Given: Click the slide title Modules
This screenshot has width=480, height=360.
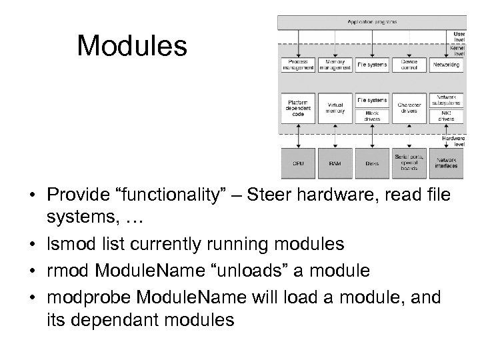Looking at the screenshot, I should [132, 47].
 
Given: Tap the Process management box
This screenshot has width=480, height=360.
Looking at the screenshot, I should [298, 65].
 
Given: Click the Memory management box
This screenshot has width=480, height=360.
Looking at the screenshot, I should [335, 65].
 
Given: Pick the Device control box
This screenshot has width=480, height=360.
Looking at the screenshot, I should [409, 65].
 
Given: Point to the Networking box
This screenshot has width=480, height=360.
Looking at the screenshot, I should [446, 65].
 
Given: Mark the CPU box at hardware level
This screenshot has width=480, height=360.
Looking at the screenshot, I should [298, 162].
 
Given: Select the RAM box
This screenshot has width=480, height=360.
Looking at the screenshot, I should [335, 162].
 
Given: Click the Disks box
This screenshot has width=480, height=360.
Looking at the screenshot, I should [372, 162].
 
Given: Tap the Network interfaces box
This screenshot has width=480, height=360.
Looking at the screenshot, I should [446, 162].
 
